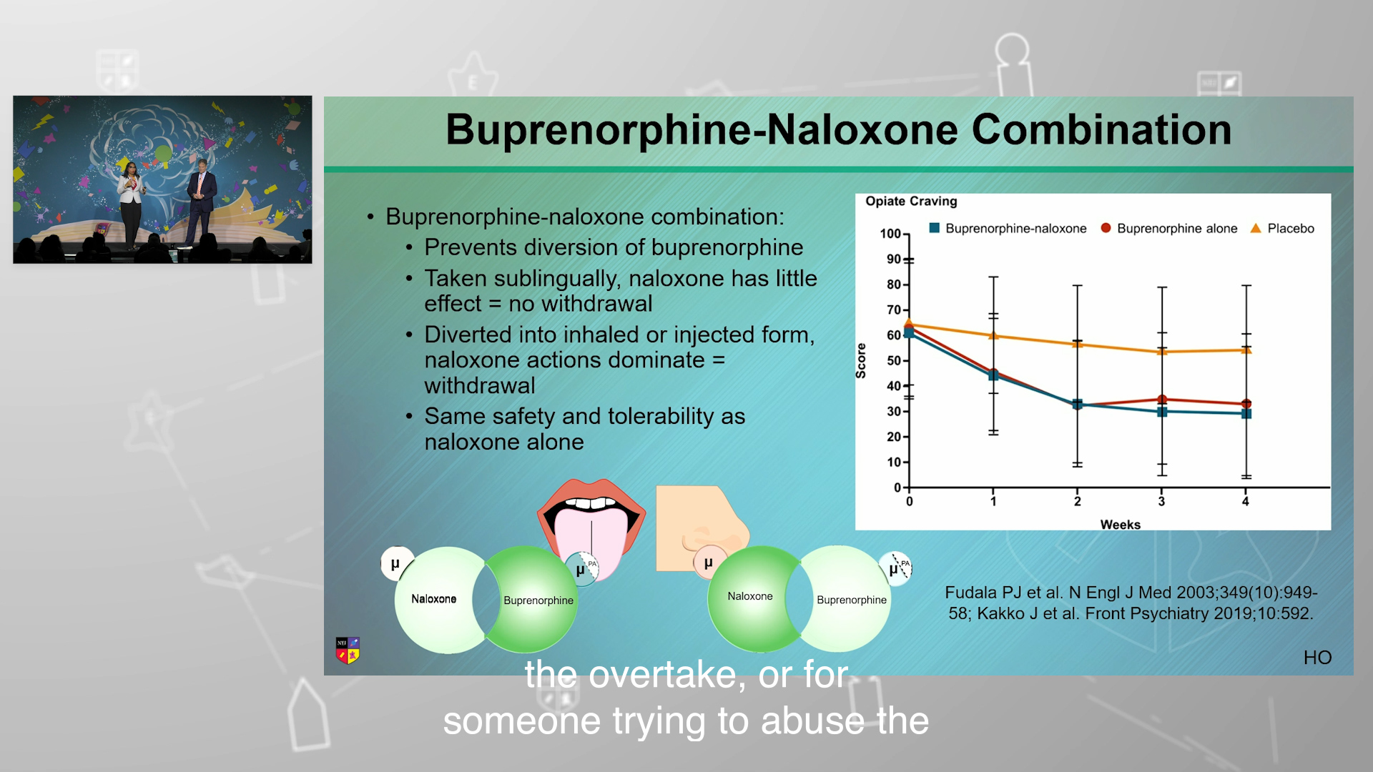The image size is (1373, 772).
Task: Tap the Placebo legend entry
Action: tap(1282, 228)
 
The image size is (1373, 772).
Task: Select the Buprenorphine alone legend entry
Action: tap(1169, 228)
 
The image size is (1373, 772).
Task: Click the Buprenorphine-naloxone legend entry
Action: tap(1008, 228)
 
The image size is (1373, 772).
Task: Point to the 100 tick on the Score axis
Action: tap(890, 234)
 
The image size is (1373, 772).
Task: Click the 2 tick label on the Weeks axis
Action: tap(1077, 502)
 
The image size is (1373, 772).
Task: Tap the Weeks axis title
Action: tap(1121, 525)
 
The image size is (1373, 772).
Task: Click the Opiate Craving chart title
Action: tap(911, 202)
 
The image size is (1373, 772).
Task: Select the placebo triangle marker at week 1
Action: tap(993, 335)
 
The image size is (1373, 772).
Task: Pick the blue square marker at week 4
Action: tap(1246, 413)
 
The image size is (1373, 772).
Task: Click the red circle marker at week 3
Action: tap(1162, 400)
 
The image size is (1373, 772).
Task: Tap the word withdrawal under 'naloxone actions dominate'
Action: tap(480, 385)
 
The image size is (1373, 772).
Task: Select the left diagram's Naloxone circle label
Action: tap(433, 599)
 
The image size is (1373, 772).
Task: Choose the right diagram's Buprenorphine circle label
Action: tap(852, 600)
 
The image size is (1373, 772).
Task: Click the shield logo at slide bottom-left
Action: tap(348, 650)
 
